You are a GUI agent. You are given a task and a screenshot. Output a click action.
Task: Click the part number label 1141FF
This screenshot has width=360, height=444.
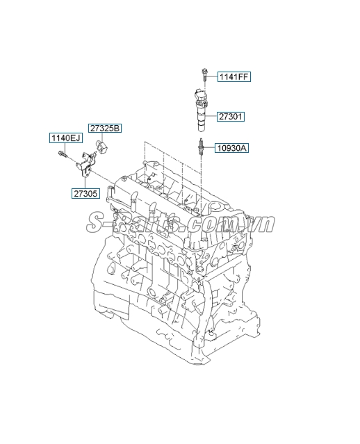[234, 76]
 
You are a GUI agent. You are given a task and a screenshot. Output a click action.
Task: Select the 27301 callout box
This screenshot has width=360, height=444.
[230, 117]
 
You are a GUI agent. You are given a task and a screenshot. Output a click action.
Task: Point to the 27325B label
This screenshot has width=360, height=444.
[104, 128]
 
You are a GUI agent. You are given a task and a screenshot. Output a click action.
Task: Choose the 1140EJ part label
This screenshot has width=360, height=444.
[65, 138]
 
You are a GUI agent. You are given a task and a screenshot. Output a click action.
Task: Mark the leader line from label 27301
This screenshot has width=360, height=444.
[213, 117]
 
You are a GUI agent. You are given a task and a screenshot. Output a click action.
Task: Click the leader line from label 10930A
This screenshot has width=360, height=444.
[210, 148]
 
